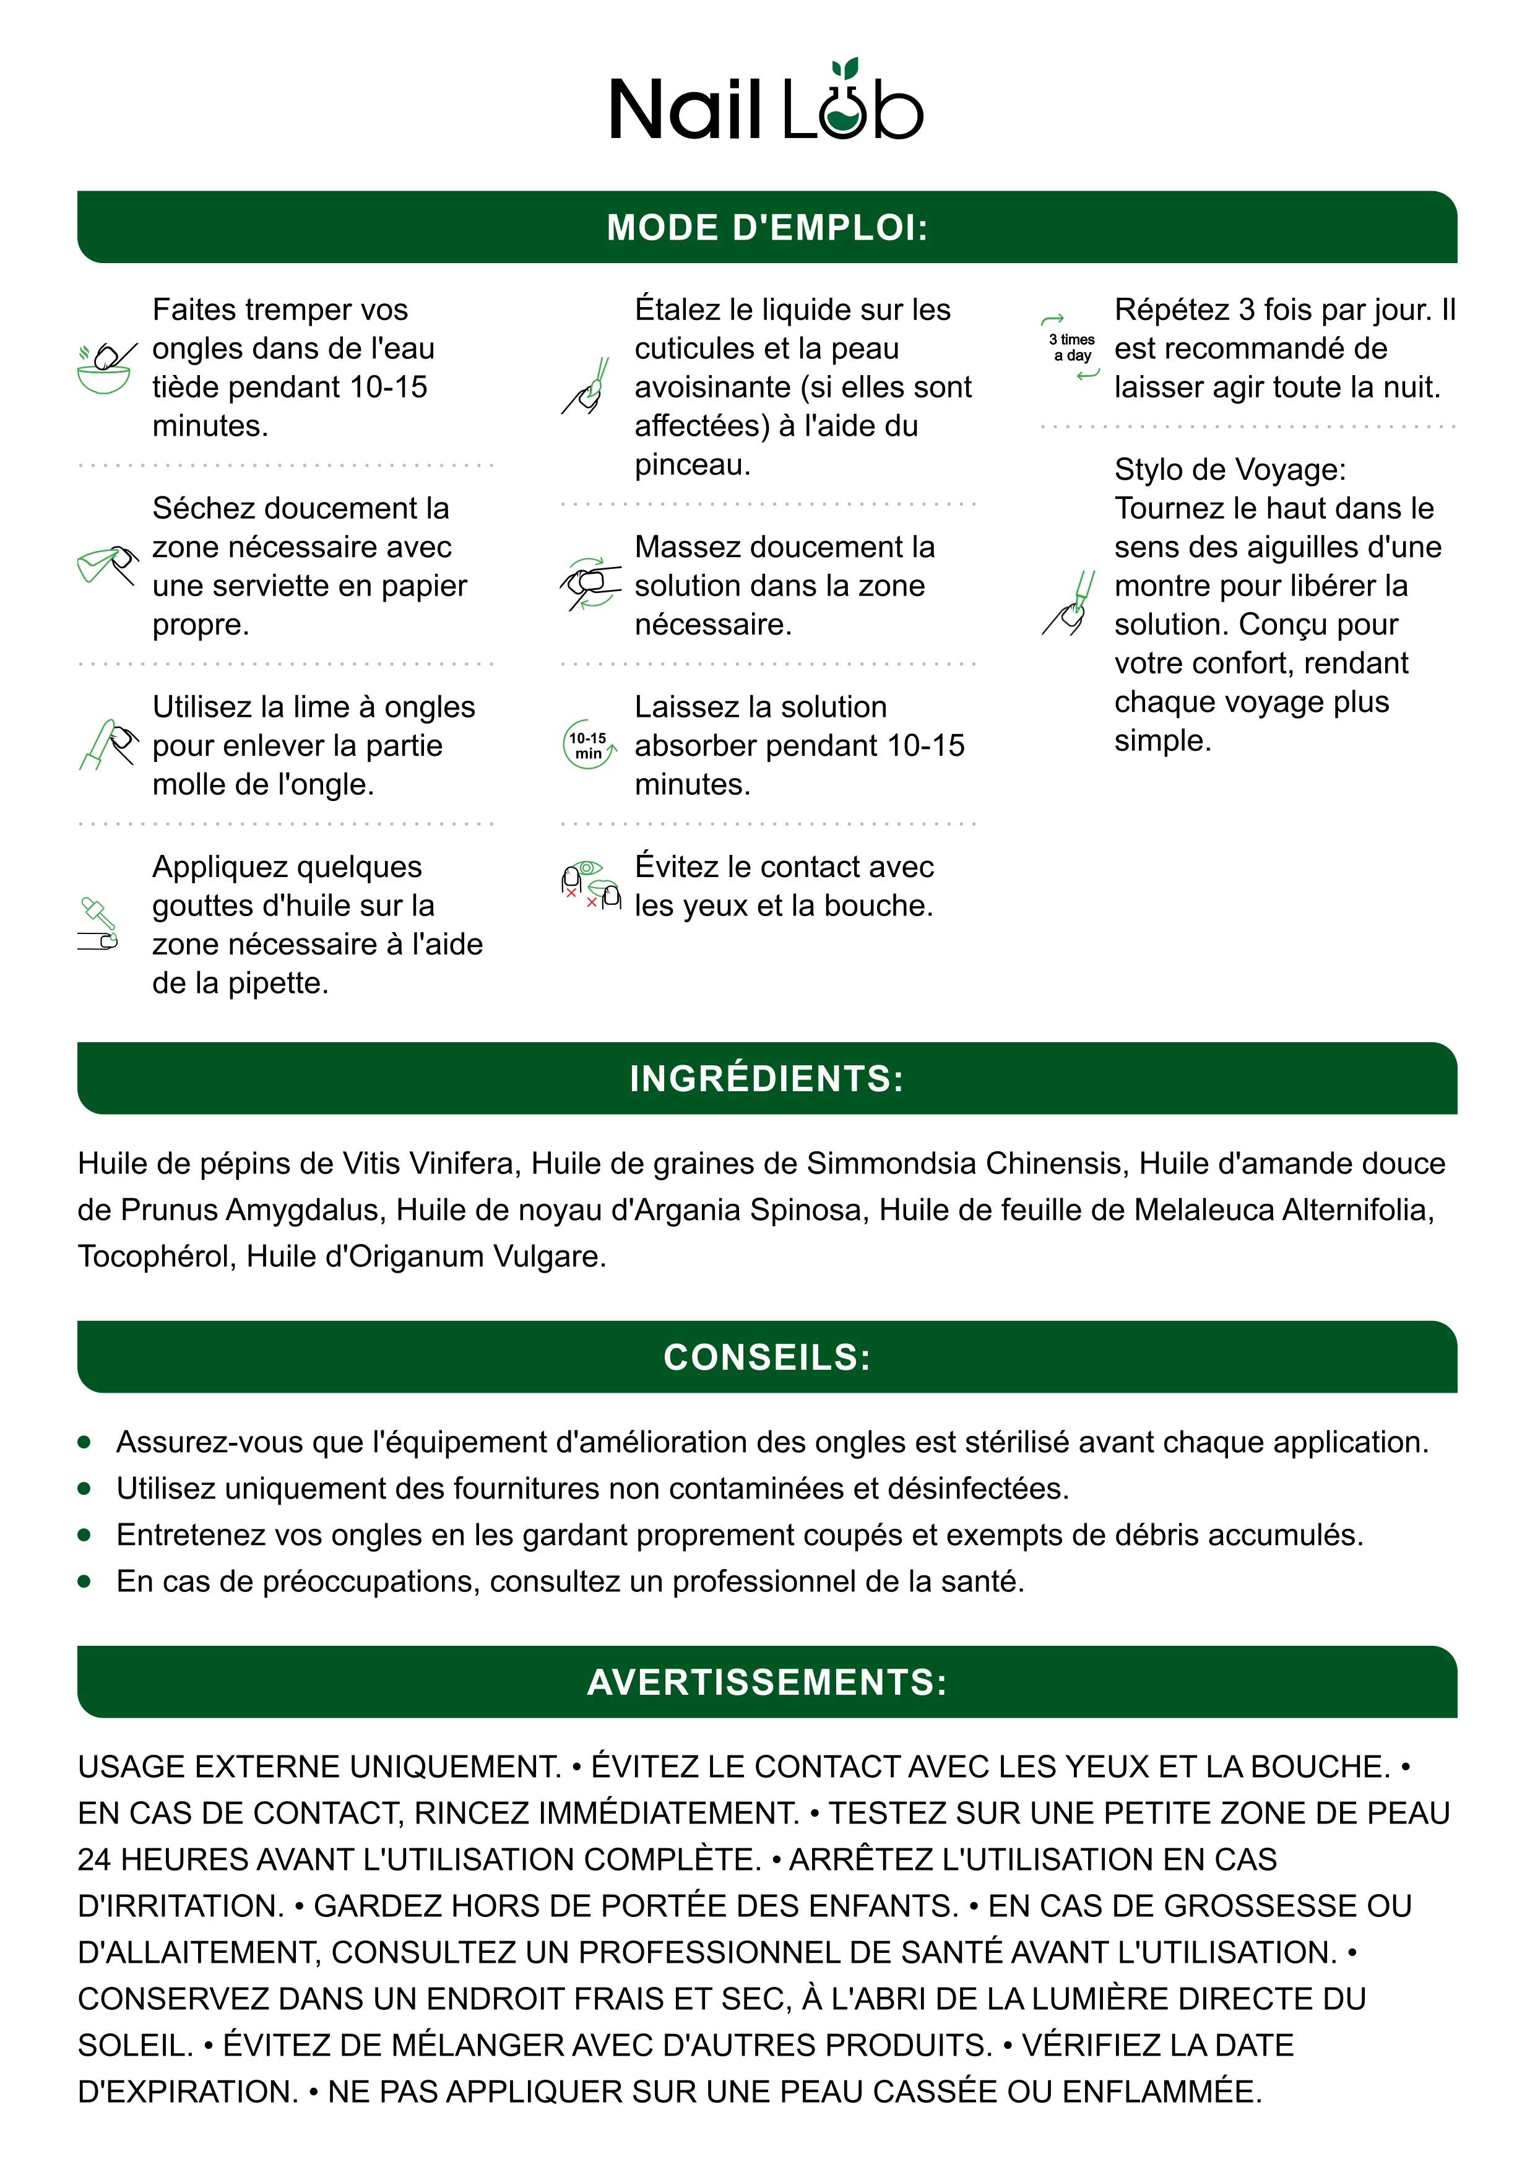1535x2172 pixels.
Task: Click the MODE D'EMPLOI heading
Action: (x=767, y=227)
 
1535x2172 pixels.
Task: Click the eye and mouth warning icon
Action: (x=590, y=885)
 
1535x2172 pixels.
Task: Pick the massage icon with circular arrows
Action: (x=590, y=584)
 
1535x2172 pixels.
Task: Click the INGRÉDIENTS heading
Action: (x=767, y=1078)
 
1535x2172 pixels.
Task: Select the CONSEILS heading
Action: (x=767, y=1357)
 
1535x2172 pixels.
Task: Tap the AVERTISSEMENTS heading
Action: (x=767, y=1682)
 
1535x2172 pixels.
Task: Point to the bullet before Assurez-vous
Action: (x=84, y=1443)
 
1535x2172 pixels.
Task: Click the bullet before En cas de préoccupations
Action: (x=84, y=1581)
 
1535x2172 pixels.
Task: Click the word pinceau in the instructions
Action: (x=691, y=464)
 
